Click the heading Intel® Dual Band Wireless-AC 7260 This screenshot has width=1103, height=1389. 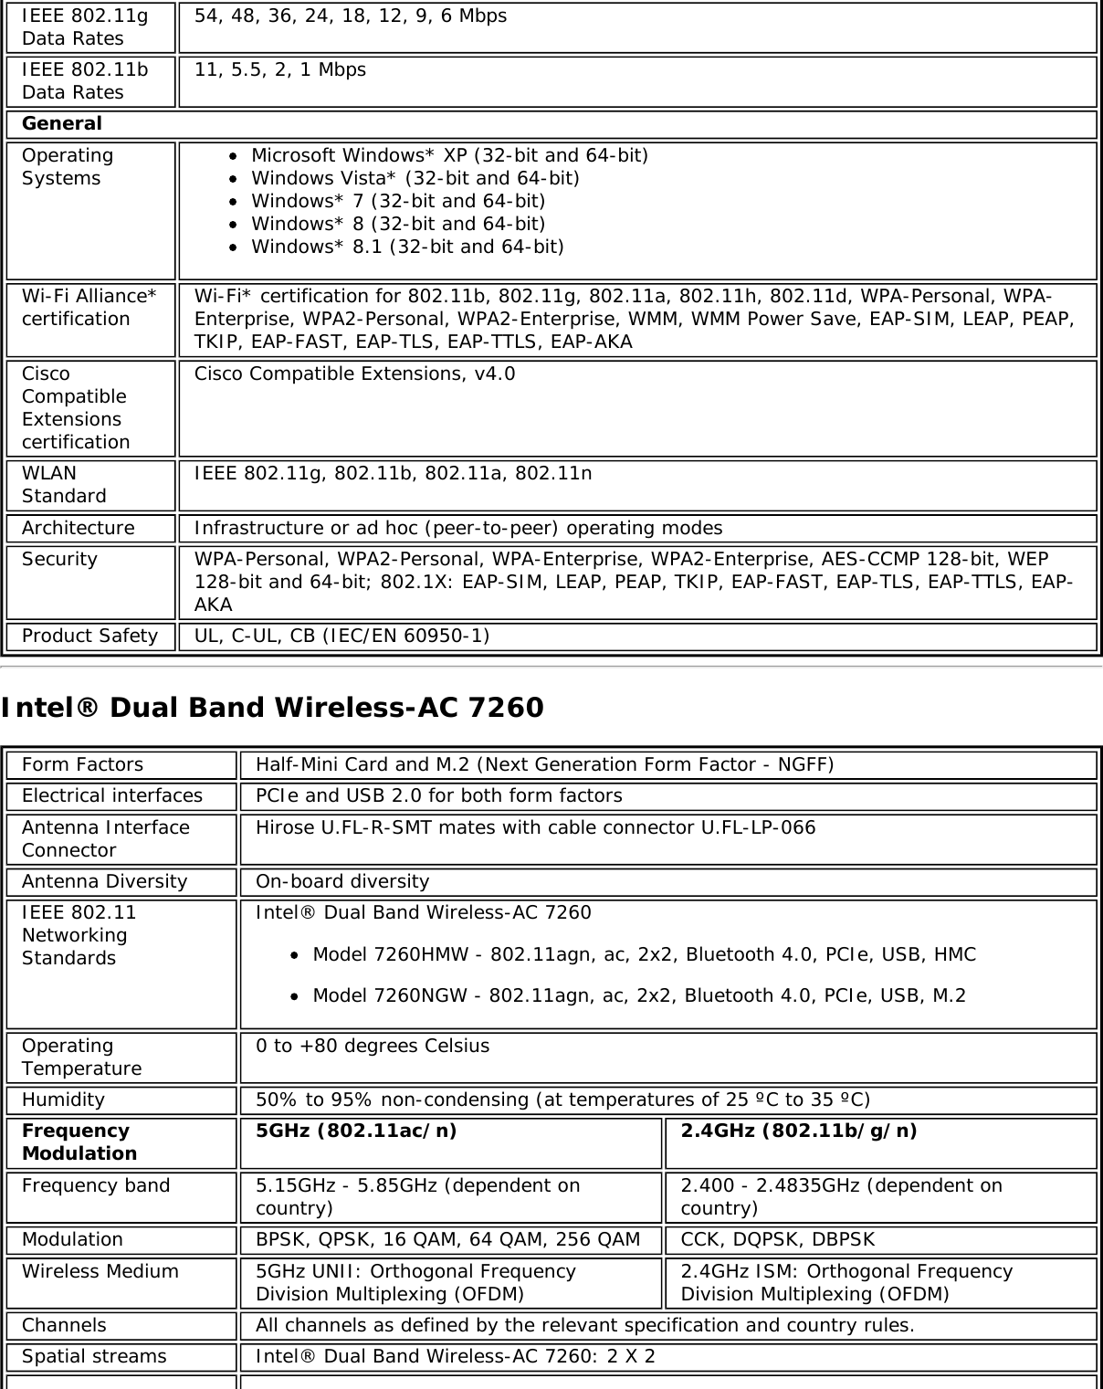point(272,708)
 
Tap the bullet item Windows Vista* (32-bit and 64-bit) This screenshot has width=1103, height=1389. point(415,178)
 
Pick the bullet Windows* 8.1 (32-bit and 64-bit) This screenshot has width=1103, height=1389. point(407,247)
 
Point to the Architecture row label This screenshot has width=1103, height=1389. point(79,528)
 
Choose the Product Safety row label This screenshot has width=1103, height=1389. point(89,636)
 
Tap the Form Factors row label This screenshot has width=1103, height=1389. point(83,764)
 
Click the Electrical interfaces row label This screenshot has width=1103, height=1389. point(112,795)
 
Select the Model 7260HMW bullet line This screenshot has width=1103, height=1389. point(644,954)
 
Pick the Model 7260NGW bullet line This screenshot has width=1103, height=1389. point(638,995)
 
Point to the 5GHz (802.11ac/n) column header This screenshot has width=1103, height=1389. point(357,1131)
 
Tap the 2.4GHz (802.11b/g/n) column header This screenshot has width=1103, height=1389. point(799,1131)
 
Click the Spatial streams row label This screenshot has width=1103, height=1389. point(94,1356)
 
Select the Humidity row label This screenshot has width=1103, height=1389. point(63,1100)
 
